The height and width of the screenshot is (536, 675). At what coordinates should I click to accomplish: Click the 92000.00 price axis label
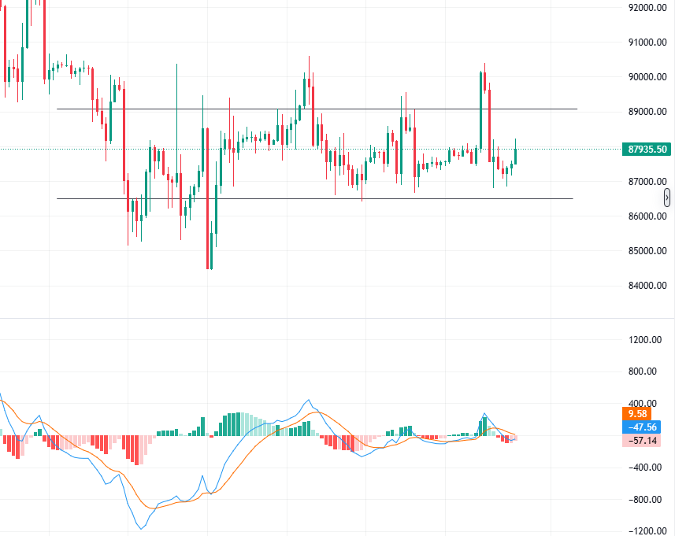648,8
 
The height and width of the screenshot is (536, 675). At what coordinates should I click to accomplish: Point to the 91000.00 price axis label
648,43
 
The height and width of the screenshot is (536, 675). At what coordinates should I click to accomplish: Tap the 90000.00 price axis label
648,77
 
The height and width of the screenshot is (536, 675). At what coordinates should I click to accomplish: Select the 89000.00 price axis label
648,112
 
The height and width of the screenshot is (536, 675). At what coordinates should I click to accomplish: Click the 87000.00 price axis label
648,182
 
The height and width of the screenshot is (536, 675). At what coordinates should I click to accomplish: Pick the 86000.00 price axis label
648,216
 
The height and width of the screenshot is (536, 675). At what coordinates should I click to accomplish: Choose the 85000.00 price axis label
648,251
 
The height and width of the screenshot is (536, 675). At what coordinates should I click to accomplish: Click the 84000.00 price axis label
648,286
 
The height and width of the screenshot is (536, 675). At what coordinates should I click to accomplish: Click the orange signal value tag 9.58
636,413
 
